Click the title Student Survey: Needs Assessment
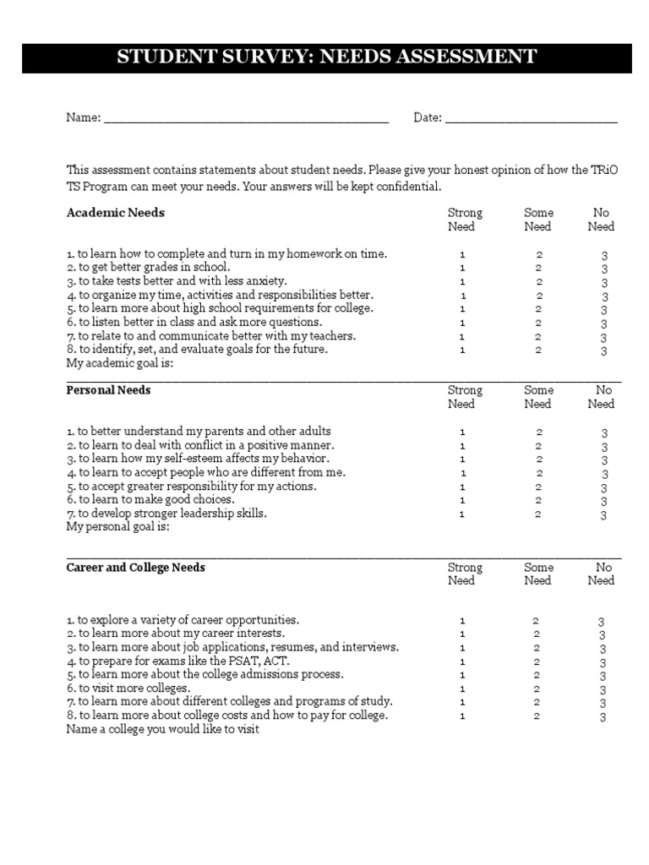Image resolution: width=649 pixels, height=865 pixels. coord(325,57)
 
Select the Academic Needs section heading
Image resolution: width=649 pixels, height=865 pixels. coord(116,213)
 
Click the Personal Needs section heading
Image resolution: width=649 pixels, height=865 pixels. coord(109,390)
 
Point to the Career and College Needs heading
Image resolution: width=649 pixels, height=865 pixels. coord(136,568)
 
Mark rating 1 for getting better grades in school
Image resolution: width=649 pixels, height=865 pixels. coord(462,268)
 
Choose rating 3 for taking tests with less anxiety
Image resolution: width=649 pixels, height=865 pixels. coord(604,283)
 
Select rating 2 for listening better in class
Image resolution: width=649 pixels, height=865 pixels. coord(538,323)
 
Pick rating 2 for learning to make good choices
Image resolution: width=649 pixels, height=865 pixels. coord(538,500)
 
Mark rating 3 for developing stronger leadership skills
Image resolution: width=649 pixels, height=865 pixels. coord(604,515)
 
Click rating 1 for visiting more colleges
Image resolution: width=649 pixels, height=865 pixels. coord(462,688)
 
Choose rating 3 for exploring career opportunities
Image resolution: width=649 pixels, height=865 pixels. coord(603,622)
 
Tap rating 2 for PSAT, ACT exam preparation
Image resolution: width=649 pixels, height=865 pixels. coord(537,661)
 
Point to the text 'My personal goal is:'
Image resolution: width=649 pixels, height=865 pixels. coord(118,527)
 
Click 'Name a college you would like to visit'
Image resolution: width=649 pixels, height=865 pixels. coord(162,730)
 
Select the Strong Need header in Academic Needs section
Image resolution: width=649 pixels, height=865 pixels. coord(465,220)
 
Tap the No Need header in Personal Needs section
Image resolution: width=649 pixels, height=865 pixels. coord(602,397)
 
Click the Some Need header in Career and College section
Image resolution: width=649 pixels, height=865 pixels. coord(537,574)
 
